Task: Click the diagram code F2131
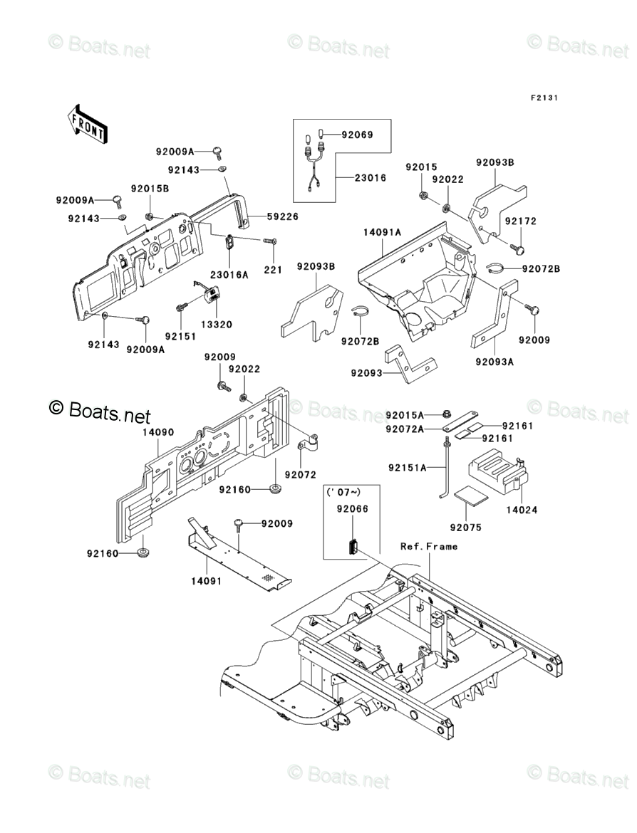pos(543,98)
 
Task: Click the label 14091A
pos(383,231)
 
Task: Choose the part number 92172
pos(520,221)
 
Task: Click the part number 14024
pos(522,510)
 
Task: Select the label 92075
pos(466,528)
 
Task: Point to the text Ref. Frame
pos(428,547)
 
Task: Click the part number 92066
pos(353,509)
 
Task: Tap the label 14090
pos(158,432)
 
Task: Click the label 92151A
pos(408,468)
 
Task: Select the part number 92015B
pos(150,189)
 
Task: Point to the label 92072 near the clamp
pos(301,474)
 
